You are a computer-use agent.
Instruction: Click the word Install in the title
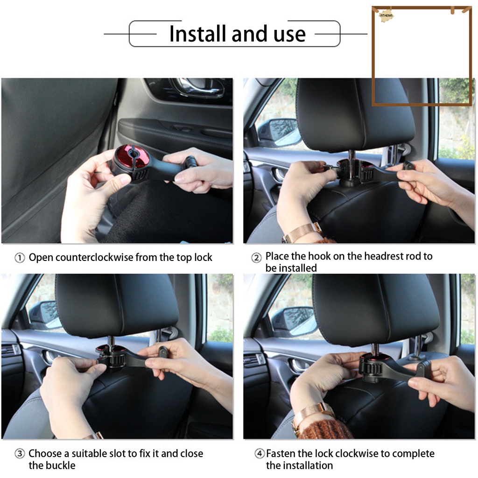pos(196,34)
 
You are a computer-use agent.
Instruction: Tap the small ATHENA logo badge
pos(387,15)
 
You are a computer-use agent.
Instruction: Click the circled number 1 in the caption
pos(20,258)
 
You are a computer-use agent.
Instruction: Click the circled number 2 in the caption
pos(256,258)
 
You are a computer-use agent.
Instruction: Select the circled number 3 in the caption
pos(20,454)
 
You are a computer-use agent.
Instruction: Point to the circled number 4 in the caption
pos(260,454)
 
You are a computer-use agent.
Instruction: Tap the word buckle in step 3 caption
pos(60,465)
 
